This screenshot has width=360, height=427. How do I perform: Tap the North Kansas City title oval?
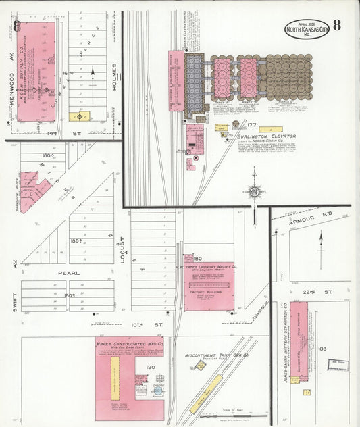[x=307, y=29]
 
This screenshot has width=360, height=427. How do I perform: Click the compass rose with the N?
[x=254, y=192]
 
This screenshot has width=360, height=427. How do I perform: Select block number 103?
[x=322, y=349]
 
